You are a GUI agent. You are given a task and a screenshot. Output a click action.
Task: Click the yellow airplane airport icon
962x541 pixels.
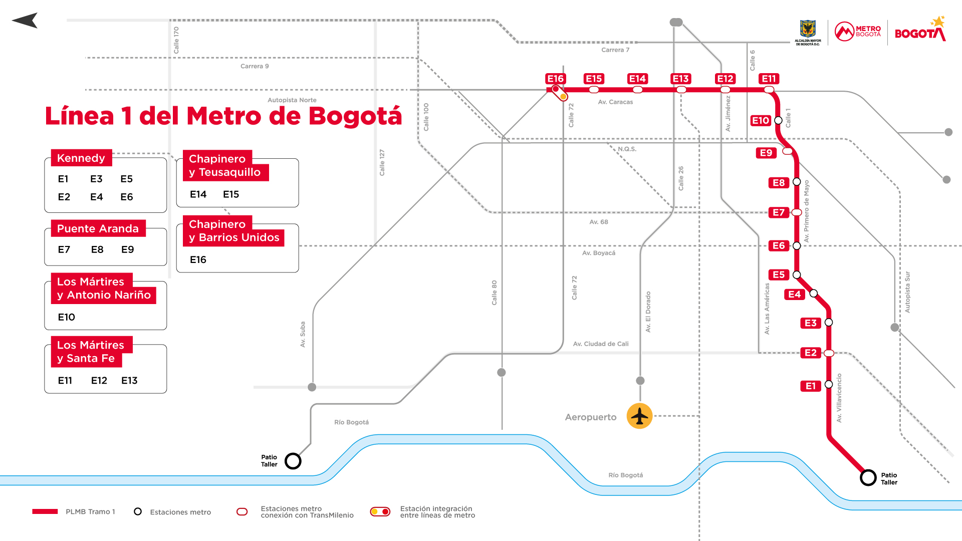(639, 416)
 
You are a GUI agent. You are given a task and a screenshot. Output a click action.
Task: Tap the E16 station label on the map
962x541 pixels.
(555, 79)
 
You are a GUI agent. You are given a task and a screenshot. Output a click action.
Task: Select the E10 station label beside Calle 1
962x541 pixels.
(761, 121)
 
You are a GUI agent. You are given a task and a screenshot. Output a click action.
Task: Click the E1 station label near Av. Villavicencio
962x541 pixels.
(811, 386)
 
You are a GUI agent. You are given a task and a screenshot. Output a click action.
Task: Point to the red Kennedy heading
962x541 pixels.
(81, 158)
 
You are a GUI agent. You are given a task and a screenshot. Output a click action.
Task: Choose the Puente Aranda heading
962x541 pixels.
(98, 229)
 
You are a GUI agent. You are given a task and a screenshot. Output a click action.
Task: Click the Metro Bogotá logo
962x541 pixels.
(857, 32)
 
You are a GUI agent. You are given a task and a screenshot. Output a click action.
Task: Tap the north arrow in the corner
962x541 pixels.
(25, 21)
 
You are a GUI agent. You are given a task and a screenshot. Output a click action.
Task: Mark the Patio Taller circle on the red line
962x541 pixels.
(868, 478)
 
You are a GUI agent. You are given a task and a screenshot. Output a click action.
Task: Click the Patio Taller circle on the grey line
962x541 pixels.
(293, 461)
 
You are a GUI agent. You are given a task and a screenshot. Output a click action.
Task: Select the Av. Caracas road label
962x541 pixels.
(615, 102)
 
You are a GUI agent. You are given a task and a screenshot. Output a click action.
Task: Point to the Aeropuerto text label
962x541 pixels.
(591, 417)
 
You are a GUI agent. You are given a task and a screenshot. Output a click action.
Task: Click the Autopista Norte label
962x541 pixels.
(292, 100)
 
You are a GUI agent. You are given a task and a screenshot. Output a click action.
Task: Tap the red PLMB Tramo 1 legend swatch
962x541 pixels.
(45, 511)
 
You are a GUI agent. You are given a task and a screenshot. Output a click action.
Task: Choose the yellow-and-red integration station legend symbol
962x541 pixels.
(380, 511)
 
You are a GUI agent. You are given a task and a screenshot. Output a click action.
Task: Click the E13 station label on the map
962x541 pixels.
(681, 79)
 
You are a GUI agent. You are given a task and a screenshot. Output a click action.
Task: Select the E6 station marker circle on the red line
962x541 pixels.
(797, 245)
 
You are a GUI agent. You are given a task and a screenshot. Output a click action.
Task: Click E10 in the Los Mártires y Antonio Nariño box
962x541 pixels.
(67, 317)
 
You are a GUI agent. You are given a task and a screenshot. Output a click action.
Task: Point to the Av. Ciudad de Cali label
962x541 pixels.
(601, 344)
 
